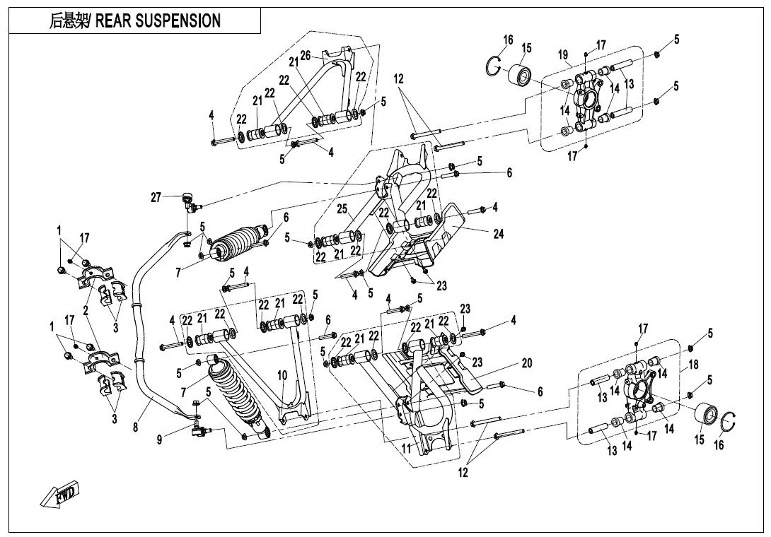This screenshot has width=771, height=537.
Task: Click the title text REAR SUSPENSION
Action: point(135,21)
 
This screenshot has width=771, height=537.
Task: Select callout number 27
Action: point(156,197)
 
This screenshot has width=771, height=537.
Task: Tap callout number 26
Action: point(306,55)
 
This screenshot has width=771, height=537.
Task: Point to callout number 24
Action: point(498,235)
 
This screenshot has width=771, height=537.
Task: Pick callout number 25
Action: point(342,209)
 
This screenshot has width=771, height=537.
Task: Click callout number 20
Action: point(526,363)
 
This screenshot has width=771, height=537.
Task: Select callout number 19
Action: point(563,54)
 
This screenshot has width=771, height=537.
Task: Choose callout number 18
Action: point(693,365)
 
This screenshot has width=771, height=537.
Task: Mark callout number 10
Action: point(282,375)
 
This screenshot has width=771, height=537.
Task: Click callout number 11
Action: point(406,448)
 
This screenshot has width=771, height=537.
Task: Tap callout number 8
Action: point(135,427)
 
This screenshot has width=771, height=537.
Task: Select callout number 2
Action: point(86,311)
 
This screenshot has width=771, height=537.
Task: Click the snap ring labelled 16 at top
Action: point(494,66)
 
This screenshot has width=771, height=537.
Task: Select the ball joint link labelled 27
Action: point(190,202)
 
